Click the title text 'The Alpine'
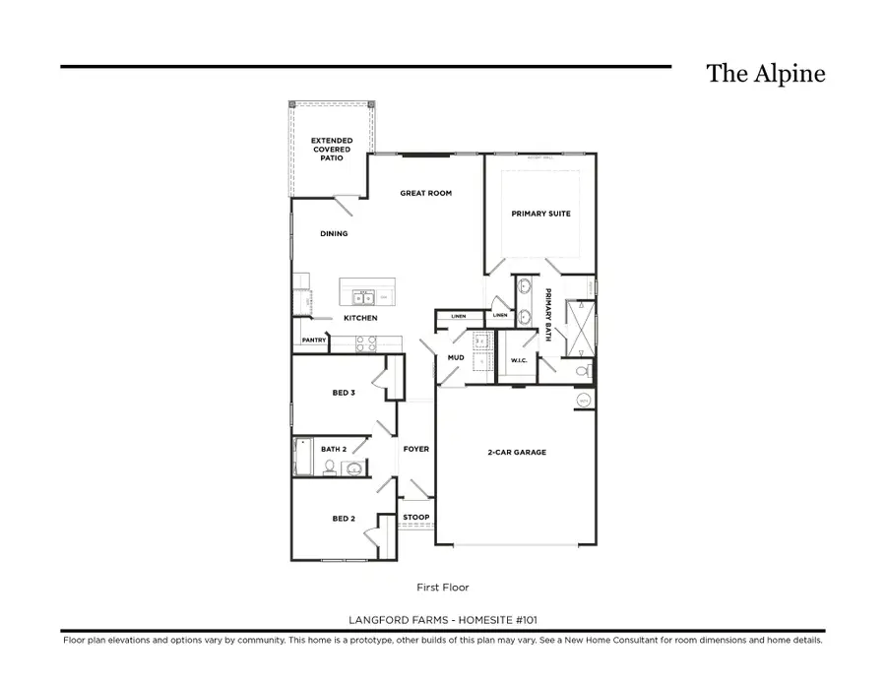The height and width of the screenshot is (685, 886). (765, 74)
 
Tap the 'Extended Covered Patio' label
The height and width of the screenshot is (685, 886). (332, 150)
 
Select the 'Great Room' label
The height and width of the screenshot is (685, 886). (425, 193)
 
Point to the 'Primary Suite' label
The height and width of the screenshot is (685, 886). (540, 214)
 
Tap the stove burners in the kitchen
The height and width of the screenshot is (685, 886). (365, 343)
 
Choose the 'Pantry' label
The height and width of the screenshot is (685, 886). (314, 340)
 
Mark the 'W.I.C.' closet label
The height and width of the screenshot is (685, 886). (519, 361)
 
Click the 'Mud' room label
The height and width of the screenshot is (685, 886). (456, 357)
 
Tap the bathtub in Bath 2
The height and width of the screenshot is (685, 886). (303, 457)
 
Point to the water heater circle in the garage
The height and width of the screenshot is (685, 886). (582, 400)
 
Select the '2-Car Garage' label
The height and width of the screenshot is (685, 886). (517, 453)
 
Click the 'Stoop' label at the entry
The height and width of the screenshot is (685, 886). (415, 518)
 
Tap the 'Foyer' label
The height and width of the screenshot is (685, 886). (415, 449)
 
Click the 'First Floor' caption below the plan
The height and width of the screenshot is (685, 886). (442, 588)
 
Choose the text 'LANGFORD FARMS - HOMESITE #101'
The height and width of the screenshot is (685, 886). (442, 619)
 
